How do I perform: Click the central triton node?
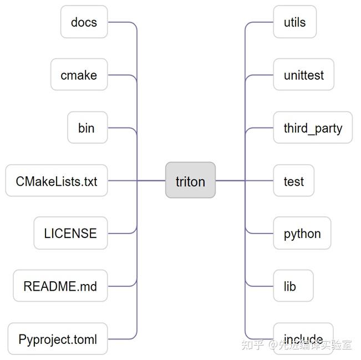(190, 180)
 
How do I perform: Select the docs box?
(84, 22)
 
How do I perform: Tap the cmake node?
(79, 75)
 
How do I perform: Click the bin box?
(87, 128)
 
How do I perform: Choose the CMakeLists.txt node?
(57, 181)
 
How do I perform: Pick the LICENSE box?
(70, 234)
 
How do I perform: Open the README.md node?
(60, 286)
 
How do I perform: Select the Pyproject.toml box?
(58, 339)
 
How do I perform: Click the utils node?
(294, 22)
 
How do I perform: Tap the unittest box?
(303, 75)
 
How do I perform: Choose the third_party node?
(313, 128)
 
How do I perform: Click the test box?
(294, 181)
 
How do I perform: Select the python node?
(302, 234)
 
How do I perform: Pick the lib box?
(290, 286)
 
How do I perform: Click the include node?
(303, 338)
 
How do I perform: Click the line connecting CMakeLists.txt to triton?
(150, 180)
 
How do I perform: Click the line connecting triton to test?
(230, 180)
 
